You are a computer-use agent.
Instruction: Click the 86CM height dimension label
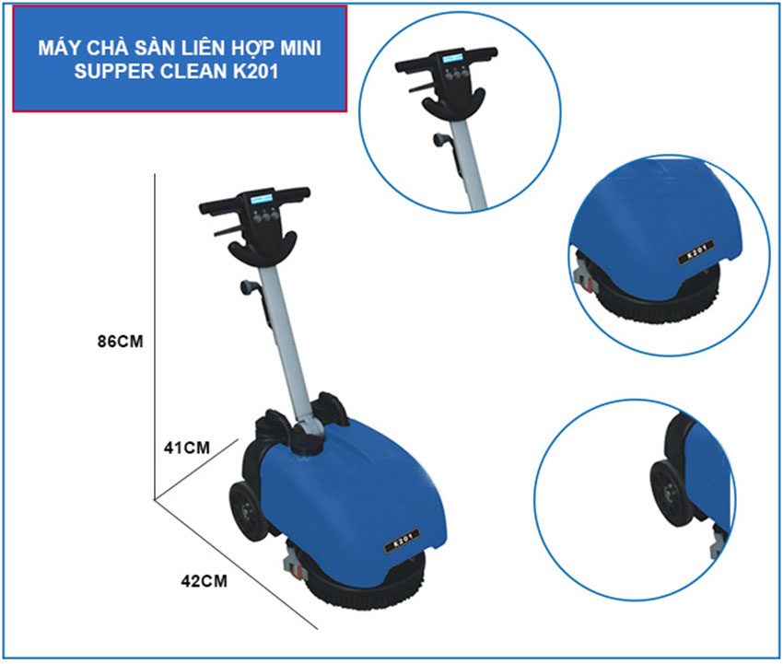click(120, 341)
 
